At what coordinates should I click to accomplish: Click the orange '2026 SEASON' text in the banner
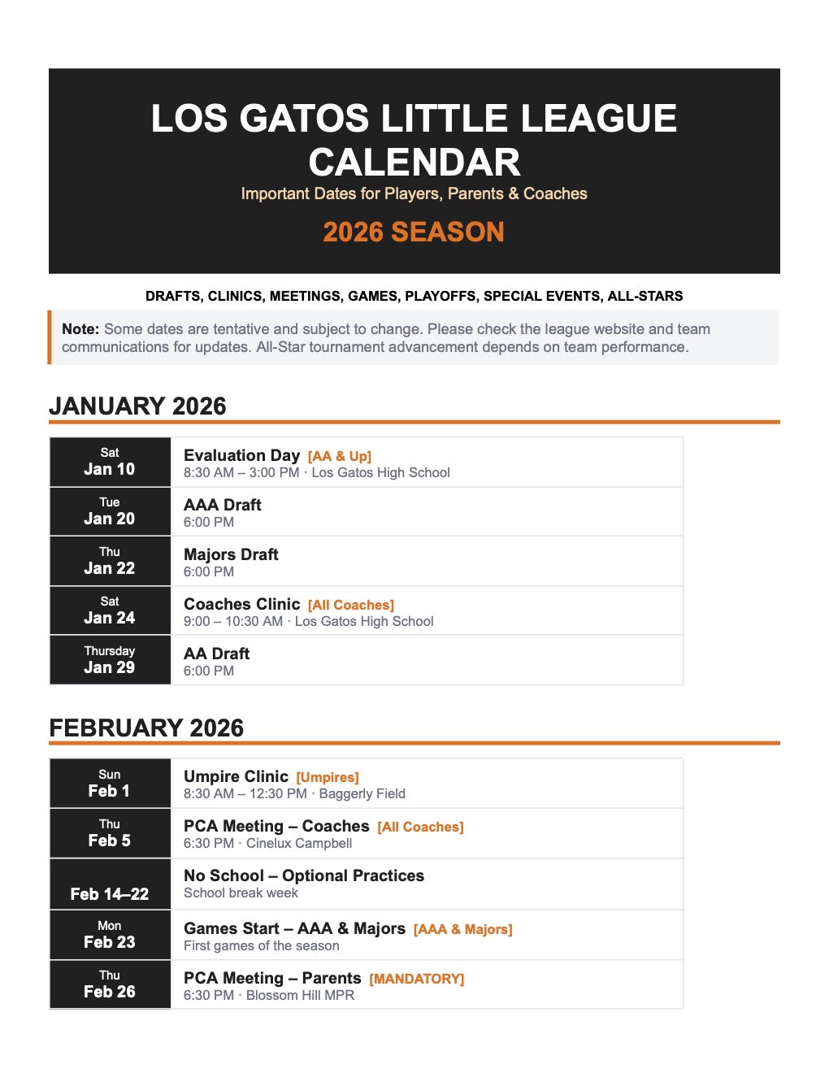coord(414,232)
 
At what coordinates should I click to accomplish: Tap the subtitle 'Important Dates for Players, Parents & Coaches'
coord(414,193)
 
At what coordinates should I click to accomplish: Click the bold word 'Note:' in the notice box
coord(80,329)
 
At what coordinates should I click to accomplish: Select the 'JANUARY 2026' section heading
coord(137,406)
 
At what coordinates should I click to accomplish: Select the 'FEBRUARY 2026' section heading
coord(146,728)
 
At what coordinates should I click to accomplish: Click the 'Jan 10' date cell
coord(110,462)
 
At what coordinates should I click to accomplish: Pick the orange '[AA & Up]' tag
coord(339,456)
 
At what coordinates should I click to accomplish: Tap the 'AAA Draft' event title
coord(223,505)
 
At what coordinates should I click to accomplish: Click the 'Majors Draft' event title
coord(231,554)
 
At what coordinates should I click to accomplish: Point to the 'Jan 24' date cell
coord(110,610)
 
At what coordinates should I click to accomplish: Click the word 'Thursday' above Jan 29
coord(110,651)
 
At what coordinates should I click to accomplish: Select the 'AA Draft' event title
coord(216,654)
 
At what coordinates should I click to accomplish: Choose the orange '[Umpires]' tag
coord(328,777)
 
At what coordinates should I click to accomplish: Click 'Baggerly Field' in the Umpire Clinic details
coord(362,793)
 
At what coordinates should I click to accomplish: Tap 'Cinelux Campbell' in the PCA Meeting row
coord(299,843)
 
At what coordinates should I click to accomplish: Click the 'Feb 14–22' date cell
coord(110,893)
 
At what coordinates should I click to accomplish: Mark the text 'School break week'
coord(241,893)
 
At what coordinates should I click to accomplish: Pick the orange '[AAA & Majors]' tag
coord(462,929)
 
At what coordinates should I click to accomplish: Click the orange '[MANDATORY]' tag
coord(416,979)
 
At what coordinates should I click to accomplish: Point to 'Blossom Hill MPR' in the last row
coord(300,995)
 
